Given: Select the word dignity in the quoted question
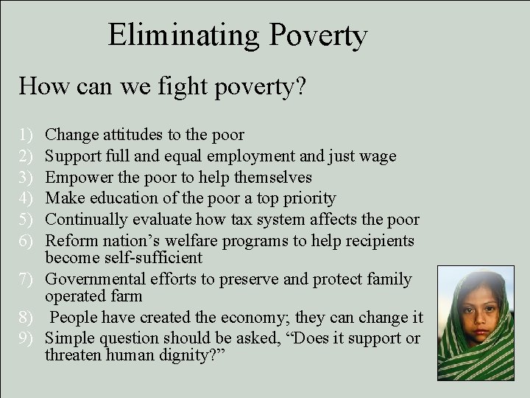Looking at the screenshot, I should tap(186, 356).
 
